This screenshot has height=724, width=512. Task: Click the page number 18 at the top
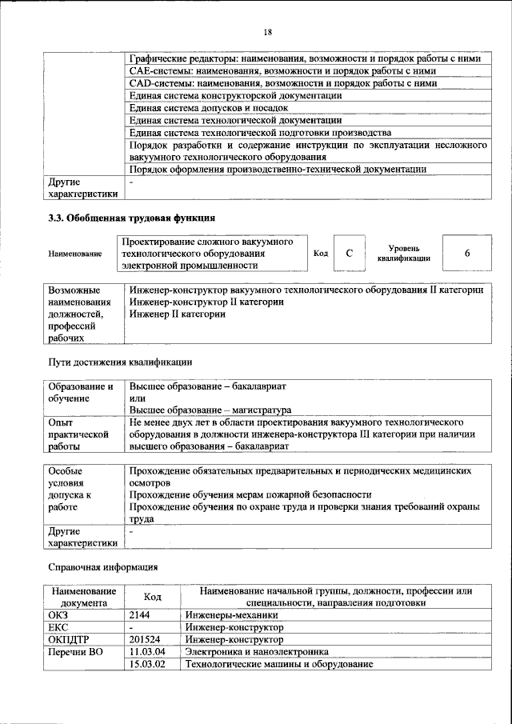(x=268, y=31)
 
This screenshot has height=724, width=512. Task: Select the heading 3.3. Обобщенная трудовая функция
(x=131, y=218)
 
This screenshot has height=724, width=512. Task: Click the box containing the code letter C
(x=349, y=253)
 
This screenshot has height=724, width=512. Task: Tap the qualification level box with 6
(x=466, y=253)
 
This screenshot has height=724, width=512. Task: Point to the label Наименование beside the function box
(x=74, y=254)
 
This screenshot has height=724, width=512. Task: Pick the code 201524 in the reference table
(x=146, y=640)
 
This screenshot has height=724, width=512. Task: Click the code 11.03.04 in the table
(x=147, y=653)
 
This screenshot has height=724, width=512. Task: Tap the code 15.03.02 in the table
(x=147, y=666)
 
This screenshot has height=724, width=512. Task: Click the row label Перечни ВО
(x=77, y=653)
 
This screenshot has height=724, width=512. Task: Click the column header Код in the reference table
(x=152, y=597)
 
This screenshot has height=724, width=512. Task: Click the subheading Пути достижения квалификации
(x=120, y=362)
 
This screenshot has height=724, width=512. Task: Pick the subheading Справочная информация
(x=103, y=567)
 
